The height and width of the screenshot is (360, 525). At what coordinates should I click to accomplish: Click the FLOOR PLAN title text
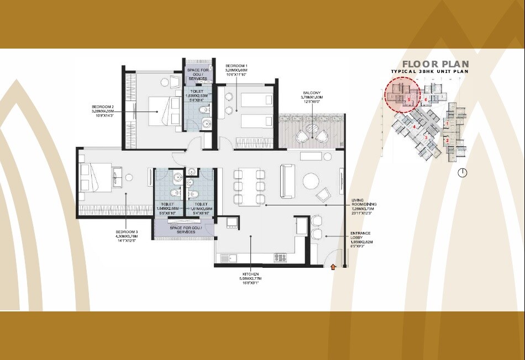coord(435,63)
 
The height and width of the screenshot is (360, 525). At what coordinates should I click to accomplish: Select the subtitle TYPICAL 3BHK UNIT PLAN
coord(430,72)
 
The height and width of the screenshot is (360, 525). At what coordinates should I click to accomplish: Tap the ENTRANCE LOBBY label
coord(361,237)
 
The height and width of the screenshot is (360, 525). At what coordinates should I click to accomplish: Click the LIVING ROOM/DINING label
coord(363,205)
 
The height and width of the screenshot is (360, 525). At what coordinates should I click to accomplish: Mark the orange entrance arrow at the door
coord(333,268)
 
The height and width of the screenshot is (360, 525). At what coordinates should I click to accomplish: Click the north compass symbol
coord(463,173)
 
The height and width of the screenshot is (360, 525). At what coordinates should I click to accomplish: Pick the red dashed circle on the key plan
coord(402,94)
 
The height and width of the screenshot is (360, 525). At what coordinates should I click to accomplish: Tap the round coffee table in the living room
coord(310,181)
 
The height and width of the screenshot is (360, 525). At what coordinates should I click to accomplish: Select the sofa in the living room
coord(287,181)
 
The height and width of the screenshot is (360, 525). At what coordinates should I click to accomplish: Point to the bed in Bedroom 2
coord(160,108)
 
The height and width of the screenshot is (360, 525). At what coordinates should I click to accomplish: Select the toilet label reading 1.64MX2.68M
coord(168,208)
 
